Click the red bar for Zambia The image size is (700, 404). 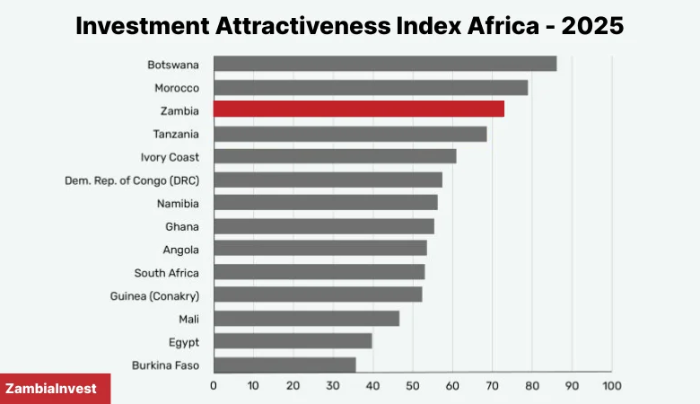click(x=358, y=110)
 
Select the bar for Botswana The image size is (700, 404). click(x=384, y=64)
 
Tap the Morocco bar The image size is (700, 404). click(x=370, y=87)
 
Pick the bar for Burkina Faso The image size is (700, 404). click(x=284, y=364)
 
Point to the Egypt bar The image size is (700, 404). click(x=293, y=341)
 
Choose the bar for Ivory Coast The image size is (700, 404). click(x=335, y=156)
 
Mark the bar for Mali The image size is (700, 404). click(x=306, y=318)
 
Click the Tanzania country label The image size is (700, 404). click(x=176, y=134)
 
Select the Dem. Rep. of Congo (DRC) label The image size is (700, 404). click(x=132, y=180)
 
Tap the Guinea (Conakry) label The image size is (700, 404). click(x=154, y=295)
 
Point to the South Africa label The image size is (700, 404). click(x=166, y=273)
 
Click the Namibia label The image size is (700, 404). click(x=178, y=203)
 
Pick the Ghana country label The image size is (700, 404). click(x=182, y=226)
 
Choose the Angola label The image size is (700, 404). click(x=180, y=250)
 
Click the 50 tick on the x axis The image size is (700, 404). click(x=413, y=386)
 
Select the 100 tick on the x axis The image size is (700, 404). click(x=611, y=386)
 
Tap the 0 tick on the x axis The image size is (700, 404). click(x=214, y=386)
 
